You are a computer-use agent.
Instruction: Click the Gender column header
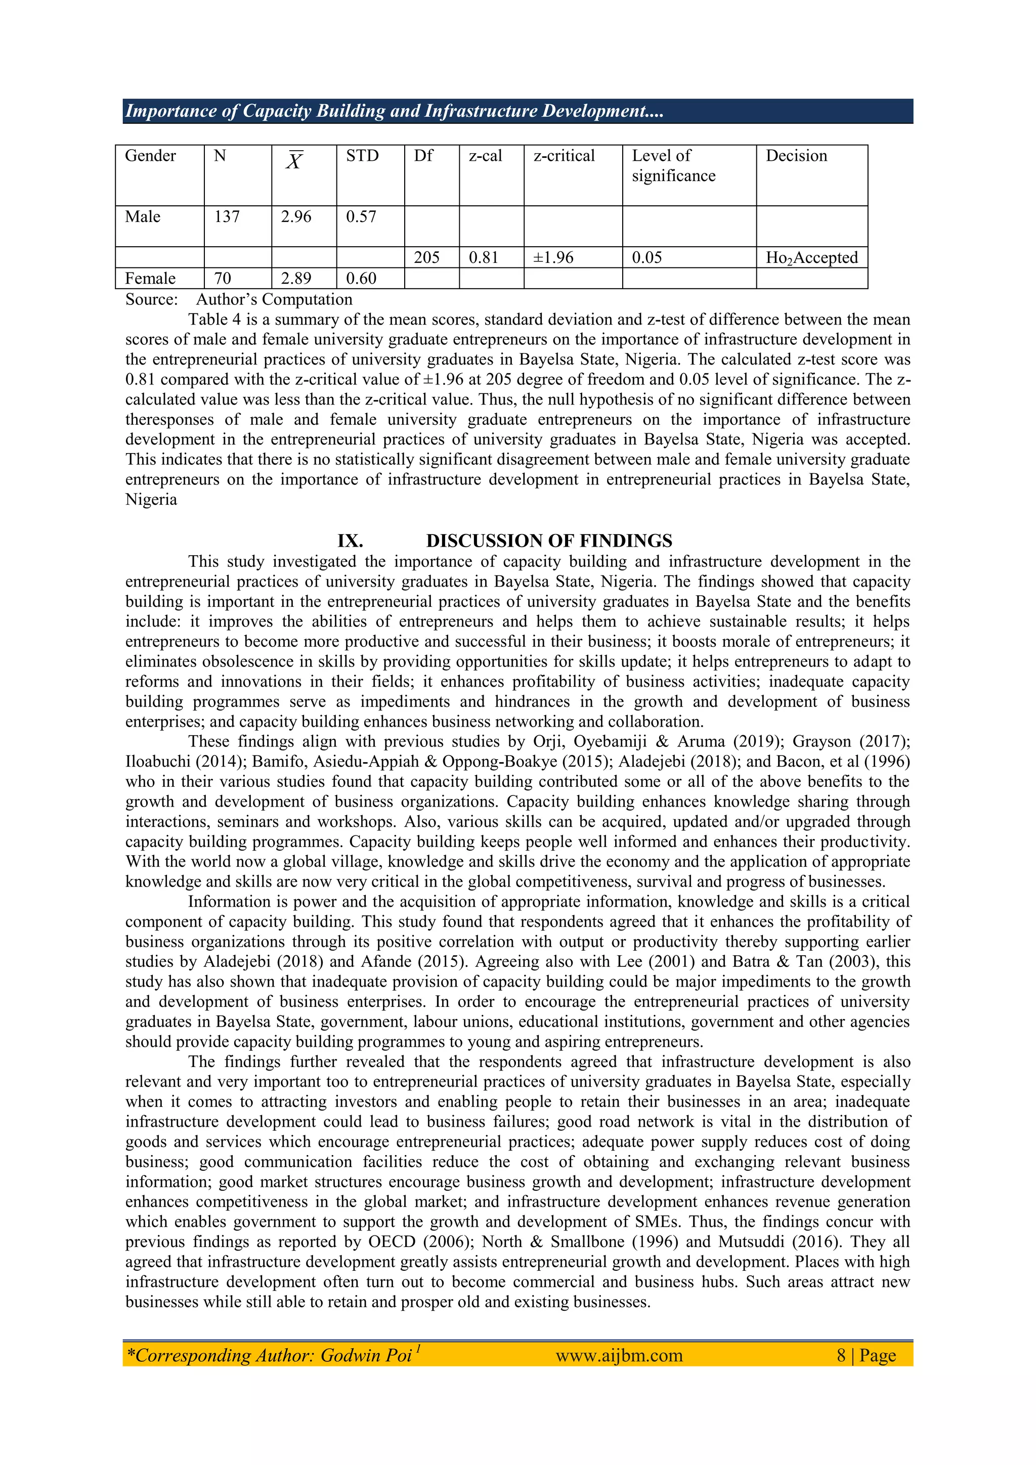point(150,156)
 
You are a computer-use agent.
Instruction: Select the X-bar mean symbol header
point(294,161)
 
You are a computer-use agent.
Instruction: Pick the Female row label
point(150,278)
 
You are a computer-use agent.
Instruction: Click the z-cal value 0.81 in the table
point(483,258)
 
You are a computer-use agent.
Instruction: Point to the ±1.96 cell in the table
point(553,258)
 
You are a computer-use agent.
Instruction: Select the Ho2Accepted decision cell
point(811,258)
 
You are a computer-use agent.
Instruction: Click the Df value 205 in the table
point(426,258)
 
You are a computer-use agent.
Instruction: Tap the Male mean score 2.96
point(296,217)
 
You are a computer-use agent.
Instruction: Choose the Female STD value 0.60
point(361,278)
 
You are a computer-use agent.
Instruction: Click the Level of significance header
point(673,165)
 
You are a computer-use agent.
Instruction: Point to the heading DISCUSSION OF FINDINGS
point(549,541)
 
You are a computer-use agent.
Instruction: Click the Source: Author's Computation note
point(239,299)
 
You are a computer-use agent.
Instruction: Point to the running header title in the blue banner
point(395,111)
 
